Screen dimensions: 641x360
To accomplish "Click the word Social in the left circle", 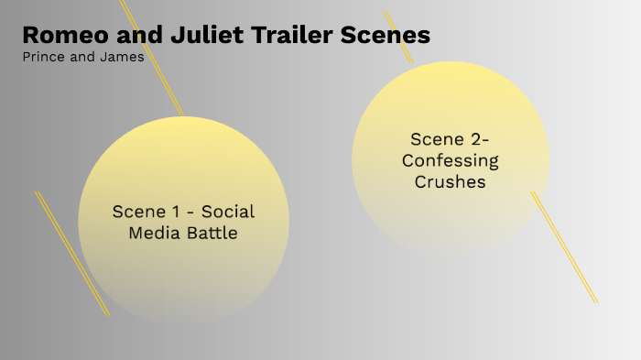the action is [228, 212].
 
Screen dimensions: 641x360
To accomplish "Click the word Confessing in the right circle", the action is [451, 160].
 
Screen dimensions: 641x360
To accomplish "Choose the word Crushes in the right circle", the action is [451, 181].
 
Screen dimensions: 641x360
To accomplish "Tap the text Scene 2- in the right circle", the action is [451, 139].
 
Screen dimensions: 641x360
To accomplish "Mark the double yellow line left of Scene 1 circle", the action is [71, 253].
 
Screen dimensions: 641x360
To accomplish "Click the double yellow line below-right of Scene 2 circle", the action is [565, 247].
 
